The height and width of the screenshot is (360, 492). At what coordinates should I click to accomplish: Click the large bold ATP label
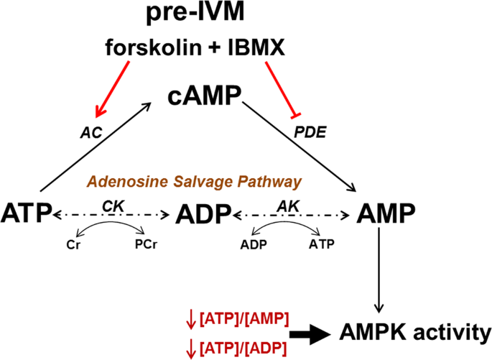[x=28, y=213]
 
